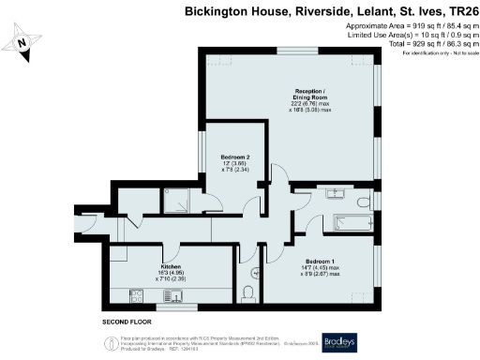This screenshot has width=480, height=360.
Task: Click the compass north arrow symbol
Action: tap(24, 41)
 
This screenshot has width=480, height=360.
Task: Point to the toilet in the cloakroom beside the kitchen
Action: tap(248, 292)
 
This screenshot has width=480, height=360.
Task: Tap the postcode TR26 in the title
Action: tap(457, 12)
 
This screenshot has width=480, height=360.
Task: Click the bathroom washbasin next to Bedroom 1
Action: tap(335, 194)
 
